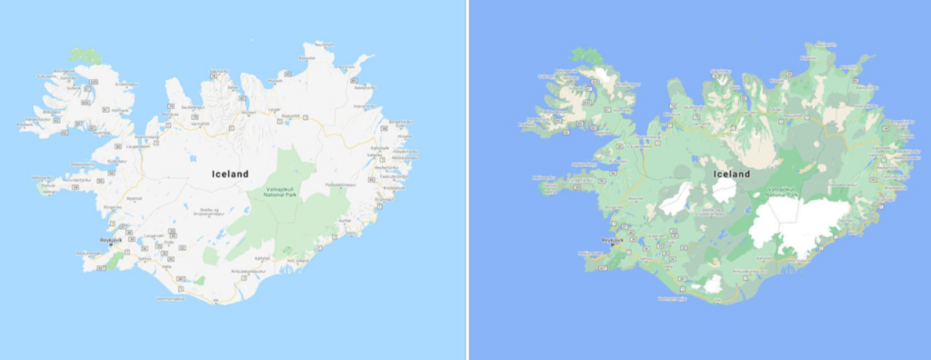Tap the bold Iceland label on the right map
(732, 174)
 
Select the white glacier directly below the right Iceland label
(725, 190)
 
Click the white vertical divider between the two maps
(467, 180)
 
